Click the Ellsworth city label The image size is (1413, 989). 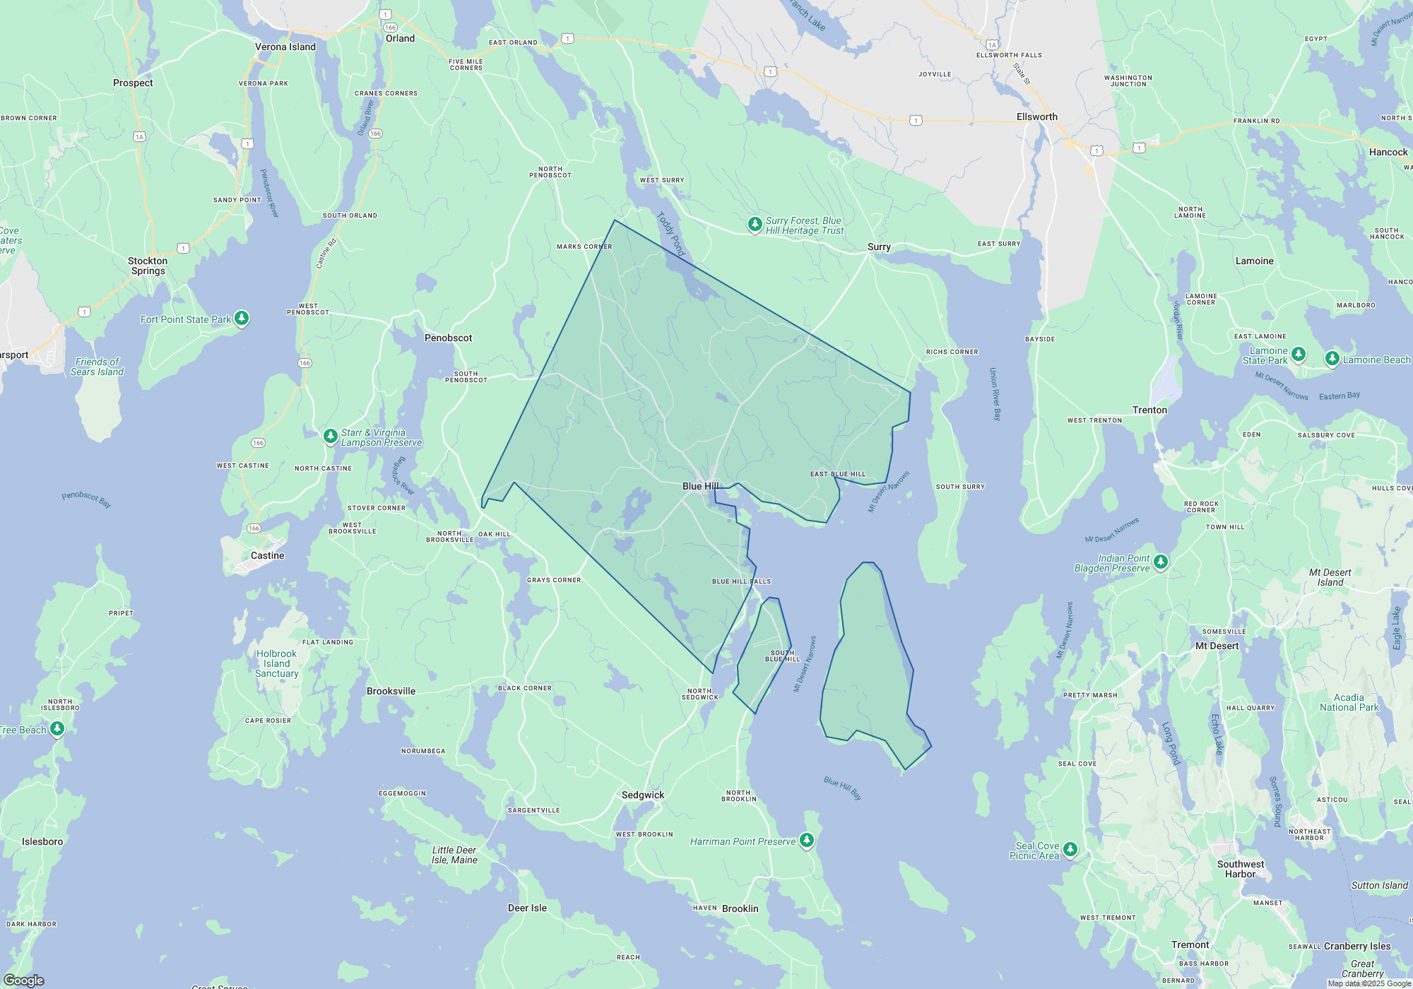pyautogui.click(x=1036, y=117)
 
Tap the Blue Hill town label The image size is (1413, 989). pyautogui.click(x=700, y=486)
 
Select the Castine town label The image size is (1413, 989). pyautogui.click(x=267, y=556)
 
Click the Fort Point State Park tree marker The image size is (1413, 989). pyautogui.click(x=242, y=319)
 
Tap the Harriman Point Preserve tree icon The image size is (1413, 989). pyautogui.click(x=807, y=840)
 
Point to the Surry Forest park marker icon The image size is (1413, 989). pyautogui.click(x=755, y=225)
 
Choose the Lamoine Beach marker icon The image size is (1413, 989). pyautogui.click(x=1332, y=359)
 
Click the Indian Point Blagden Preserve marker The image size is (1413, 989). pyautogui.click(x=1161, y=562)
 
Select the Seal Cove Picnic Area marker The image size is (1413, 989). pyautogui.click(x=1070, y=849)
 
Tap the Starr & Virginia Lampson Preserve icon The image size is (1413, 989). pyautogui.click(x=330, y=436)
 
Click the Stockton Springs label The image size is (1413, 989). pyautogui.click(x=148, y=266)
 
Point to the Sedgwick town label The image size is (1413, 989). pyautogui.click(x=643, y=795)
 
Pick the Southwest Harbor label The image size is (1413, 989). pyautogui.click(x=1241, y=869)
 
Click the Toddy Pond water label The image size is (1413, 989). pyautogui.click(x=671, y=234)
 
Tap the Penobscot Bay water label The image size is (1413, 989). pyautogui.click(x=86, y=499)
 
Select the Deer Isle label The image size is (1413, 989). pyautogui.click(x=527, y=908)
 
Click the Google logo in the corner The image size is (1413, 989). pyautogui.click(x=24, y=980)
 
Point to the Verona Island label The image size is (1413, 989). pyautogui.click(x=285, y=47)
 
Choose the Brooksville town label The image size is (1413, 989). pyautogui.click(x=391, y=692)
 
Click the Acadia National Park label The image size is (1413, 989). pyautogui.click(x=1349, y=702)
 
